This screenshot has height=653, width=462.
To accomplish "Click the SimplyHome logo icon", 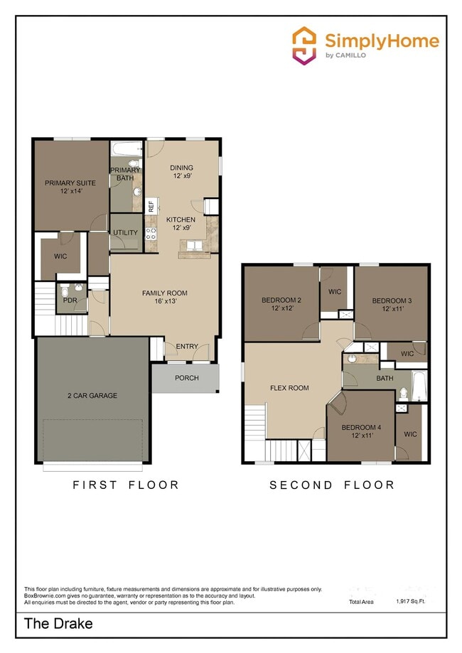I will coord(304,45).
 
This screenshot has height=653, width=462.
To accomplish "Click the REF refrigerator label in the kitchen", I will coord(151,206).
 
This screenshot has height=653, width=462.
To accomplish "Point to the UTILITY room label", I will coord(125,232).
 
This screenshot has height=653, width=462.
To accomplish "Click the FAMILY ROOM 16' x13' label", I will coord(164,297).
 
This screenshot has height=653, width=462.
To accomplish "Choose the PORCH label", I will coord(186,378).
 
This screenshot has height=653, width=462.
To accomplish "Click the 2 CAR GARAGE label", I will coord(92,395).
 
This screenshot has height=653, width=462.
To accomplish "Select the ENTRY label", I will coord(187,346).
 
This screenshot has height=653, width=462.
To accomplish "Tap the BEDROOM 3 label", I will coord(392,305).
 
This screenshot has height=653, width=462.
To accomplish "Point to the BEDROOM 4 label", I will coord(360,431).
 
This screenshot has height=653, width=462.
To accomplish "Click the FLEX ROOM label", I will coord(289,388).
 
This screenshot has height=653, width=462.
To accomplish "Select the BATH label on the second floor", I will coord(385,378).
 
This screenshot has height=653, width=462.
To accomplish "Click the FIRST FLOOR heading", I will coord(126,485).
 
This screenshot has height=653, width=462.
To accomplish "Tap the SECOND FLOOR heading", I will coord(331,485).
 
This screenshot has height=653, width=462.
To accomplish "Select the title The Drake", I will coord(58,625).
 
